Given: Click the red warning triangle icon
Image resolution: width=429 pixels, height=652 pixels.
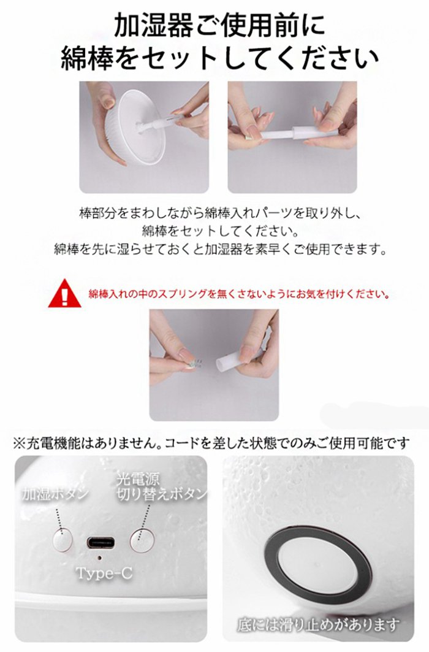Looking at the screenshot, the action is tap(64, 294).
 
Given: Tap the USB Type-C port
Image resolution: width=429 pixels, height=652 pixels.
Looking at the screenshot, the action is tap(101, 542).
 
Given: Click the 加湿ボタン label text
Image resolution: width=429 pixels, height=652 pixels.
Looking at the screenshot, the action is tap(55, 494).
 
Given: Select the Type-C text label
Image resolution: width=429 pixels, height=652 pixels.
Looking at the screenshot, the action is tap(104, 573).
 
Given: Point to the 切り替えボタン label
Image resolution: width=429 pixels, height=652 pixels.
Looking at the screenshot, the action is tap(161, 494).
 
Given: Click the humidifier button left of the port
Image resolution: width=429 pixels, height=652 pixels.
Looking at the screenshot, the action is tap(63, 540).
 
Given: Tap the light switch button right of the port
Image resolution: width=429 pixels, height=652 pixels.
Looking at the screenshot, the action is tap(142, 540).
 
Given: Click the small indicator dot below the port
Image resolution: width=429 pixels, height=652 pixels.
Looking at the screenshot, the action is tap(99, 557).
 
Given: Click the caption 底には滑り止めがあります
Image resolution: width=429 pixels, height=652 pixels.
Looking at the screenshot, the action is tap(319, 624).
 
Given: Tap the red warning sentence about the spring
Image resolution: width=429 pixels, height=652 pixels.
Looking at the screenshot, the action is tap(239, 294).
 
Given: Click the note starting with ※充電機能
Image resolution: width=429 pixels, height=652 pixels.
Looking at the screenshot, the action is tap(211, 443).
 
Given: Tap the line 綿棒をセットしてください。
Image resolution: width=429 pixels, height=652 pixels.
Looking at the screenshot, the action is tap(220, 231).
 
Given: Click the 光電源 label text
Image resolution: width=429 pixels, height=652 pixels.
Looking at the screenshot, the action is tap(138, 480).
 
